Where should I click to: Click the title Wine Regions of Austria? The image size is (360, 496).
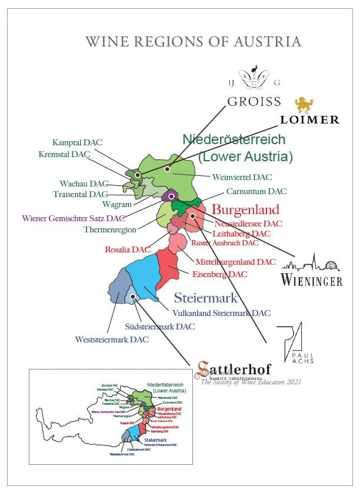point(194,42)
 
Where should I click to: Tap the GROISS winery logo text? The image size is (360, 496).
point(254,101)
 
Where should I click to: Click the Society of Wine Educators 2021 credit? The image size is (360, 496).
point(251,382)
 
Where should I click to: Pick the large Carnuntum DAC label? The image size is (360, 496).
point(256,192)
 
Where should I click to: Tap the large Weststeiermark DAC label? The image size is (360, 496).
point(112,339)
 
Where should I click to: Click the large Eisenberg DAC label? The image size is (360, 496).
point(220,274)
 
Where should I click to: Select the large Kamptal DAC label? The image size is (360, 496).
point(78,143)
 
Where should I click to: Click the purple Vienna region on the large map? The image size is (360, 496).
point(171,197)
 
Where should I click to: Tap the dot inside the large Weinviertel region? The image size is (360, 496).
point(168,169)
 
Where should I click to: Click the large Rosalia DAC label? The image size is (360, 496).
point(128,249)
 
